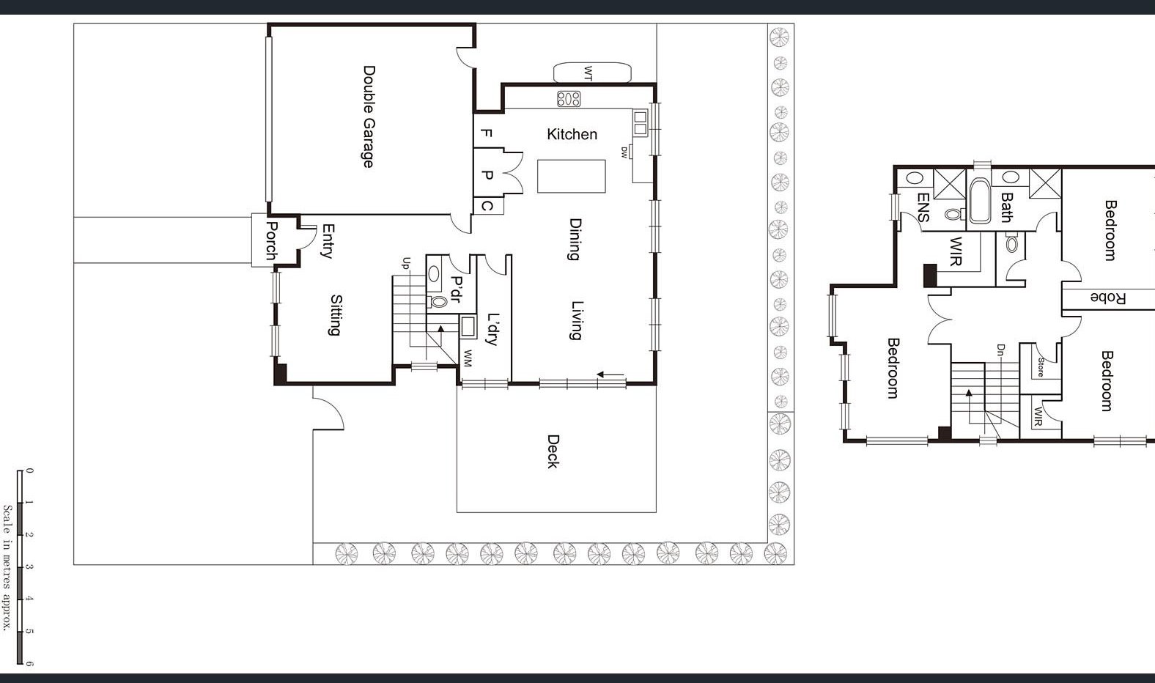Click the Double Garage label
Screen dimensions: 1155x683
369,117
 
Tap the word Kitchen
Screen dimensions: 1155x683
572,135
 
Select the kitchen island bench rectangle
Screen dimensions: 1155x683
572,177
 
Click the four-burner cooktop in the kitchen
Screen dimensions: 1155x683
569,98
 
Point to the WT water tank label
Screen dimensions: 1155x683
588,73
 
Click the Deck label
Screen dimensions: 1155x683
553,451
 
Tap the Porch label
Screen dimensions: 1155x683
272,240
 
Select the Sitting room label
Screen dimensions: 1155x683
336,315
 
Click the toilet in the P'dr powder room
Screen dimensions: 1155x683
437,301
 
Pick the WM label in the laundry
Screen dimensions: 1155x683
468,358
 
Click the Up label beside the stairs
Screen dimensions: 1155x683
406,263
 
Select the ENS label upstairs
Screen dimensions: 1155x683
923,207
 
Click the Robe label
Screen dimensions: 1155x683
1107,298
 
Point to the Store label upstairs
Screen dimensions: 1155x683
1041,367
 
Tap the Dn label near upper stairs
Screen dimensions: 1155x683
1001,350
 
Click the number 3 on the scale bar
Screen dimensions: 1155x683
29,567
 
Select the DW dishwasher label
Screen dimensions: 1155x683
624,152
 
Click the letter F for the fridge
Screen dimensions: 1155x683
486,133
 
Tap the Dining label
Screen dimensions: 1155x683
575,239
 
